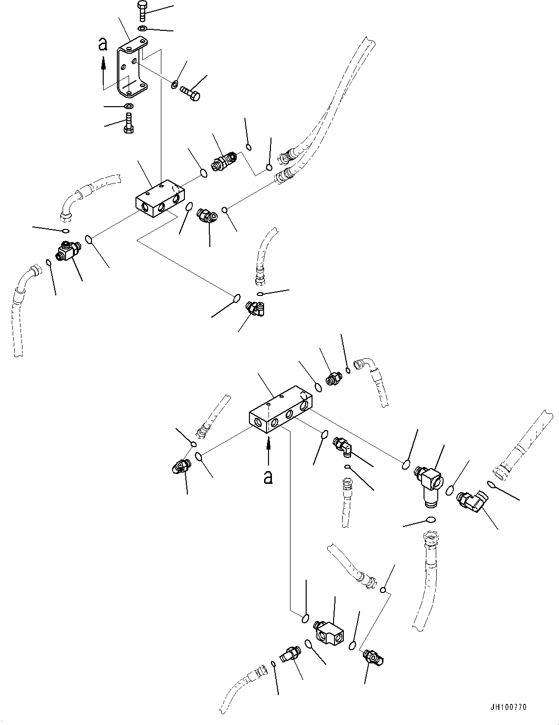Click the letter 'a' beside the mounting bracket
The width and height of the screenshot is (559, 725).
click(x=103, y=45)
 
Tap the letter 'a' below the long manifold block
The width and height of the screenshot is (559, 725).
click(x=268, y=476)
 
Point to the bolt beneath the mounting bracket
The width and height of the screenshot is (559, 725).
click(x=128, y=122)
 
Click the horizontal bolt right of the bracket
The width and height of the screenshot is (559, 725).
click(x=190, y=93)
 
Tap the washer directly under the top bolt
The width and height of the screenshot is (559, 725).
click(x=141, y=28)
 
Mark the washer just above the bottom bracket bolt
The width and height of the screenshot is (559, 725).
click(x=128, y=106)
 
